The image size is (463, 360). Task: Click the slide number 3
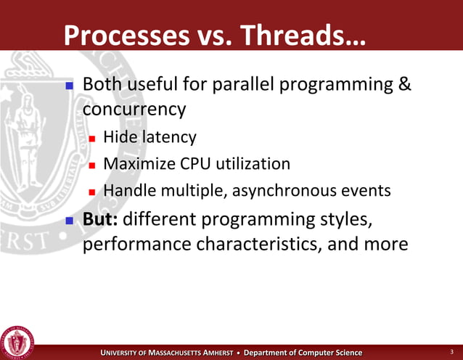click(451, 352)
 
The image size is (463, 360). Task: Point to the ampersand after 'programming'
click(405, 86)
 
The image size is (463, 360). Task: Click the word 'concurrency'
click(134, 110)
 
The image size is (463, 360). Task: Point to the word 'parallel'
click(242, 86)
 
